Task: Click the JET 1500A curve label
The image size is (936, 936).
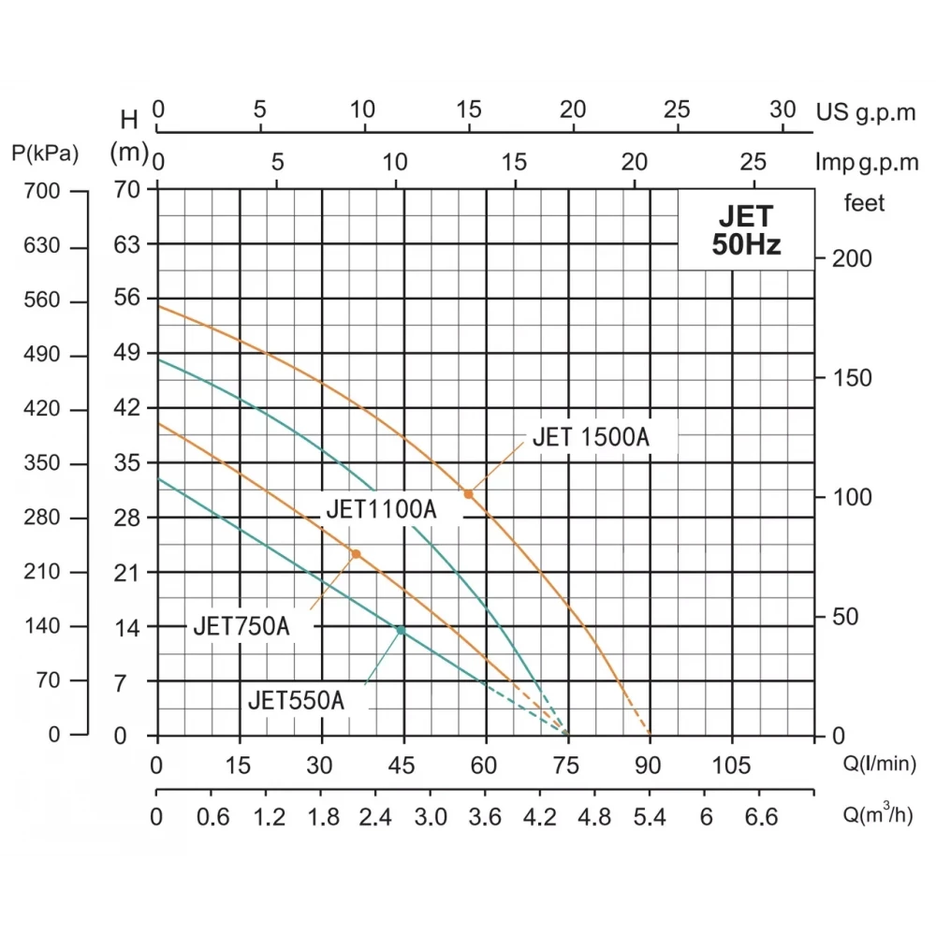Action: tap(591, 437)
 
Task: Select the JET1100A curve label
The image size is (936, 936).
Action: tap(381, 510)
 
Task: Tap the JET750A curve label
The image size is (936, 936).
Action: tap(241, 626)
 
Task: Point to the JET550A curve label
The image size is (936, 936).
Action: tap(297, 700)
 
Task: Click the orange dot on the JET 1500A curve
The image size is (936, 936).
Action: tap(469, 493)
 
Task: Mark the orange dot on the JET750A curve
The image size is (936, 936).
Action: tap(356, 554)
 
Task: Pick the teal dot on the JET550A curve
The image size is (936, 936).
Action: tap(401, 630)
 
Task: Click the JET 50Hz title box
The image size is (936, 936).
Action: tap(745, 230)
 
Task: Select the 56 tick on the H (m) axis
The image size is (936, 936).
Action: tap(128, 298)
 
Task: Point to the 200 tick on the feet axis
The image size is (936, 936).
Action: tap(852, 258)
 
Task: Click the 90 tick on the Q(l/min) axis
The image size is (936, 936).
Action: tap(649, 767)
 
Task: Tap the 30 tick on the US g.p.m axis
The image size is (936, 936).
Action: tap(782, 109)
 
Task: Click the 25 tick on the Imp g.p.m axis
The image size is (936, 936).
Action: tap(753, 162)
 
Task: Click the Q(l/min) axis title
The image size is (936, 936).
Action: tap(878, 767)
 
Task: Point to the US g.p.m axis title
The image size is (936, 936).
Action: tap(867, 112)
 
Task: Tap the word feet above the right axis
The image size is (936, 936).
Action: tap(864, 203)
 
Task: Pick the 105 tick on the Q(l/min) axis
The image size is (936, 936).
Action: tap(732, 767)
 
